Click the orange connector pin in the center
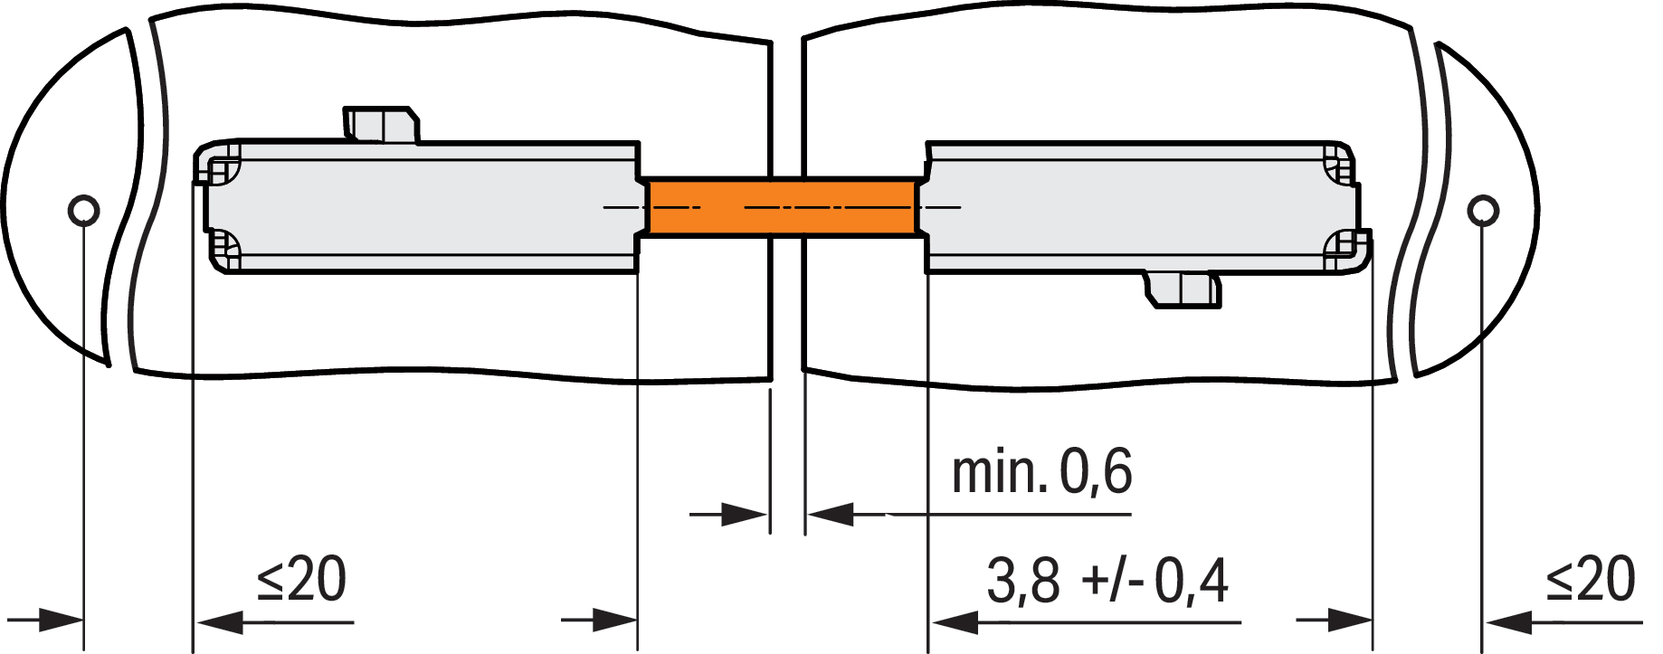(x=784, y=208)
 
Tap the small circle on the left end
(x=84, y=211)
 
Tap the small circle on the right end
(x=1482, y=211)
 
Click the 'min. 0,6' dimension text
(x=1041, y=471)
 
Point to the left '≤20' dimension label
(x=301, y=580)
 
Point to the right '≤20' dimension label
(x=1591, y=580)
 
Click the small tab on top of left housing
(x=381, y=125)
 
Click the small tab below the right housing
(x=1183, y=289)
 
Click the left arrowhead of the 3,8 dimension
(x=955, y=622)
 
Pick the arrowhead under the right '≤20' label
(x=1508, y=622)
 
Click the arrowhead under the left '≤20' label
(x=220, y=622)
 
